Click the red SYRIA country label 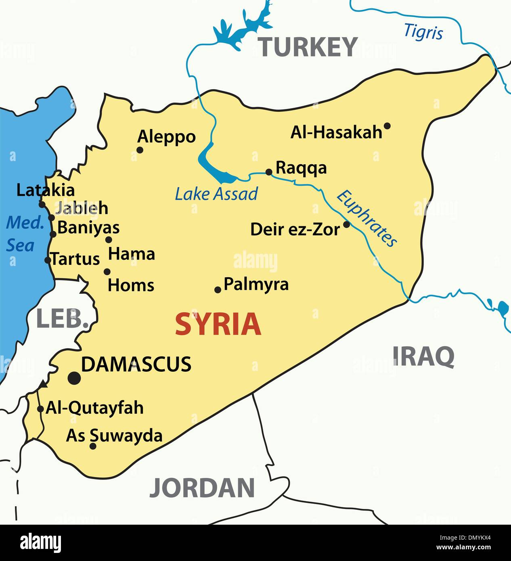click(218, 324)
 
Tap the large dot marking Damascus click(74, 378)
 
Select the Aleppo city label click(166, 137)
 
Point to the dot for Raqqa click(269, 172)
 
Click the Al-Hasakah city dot click(387, 126)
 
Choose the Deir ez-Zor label click(295, 229)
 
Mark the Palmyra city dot click(218, 289)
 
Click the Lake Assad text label click(216, 194)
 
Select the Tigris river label click(423, 32)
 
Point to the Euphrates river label click(366, 218)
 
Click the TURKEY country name click(308, 47)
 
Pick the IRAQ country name click(423, 356)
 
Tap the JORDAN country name click(202, 487)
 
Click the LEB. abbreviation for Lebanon click(63, 319)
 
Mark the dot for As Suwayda click(93, 446)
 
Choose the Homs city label click(131, 285)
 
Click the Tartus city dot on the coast click(48, 260)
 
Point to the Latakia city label click(45, 190)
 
